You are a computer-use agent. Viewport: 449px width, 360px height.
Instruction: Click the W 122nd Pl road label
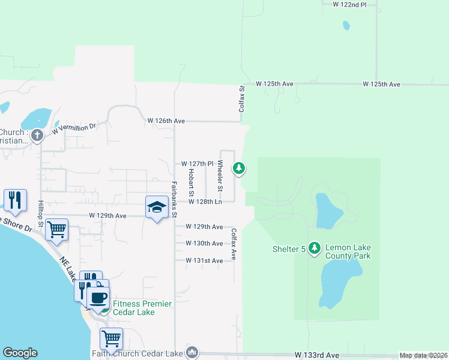point(349,4)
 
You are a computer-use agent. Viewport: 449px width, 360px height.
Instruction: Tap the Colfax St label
point(243,99)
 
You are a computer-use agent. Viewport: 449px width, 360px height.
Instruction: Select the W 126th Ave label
point(166,121)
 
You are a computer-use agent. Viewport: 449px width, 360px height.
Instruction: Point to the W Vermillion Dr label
point(74,128)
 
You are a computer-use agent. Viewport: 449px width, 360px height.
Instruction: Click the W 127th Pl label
point(197,164)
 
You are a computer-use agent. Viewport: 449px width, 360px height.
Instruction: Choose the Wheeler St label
point(220,176)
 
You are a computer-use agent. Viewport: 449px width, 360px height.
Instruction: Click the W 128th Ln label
point(205,202)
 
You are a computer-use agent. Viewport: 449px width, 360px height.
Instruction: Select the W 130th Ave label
point(204,244)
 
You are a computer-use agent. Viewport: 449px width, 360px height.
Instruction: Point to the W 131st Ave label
point(204,260)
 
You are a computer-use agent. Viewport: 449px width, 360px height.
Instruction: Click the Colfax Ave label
point(234,244)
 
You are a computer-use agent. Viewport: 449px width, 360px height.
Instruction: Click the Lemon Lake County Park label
point(348,251)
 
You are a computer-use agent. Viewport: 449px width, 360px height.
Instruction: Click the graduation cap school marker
point(157,207)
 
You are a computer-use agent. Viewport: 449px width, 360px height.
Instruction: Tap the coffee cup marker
point(98,296)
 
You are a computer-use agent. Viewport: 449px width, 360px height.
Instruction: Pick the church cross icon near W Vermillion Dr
point(37,135)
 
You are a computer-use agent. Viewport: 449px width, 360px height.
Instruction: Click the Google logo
point(20,353)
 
